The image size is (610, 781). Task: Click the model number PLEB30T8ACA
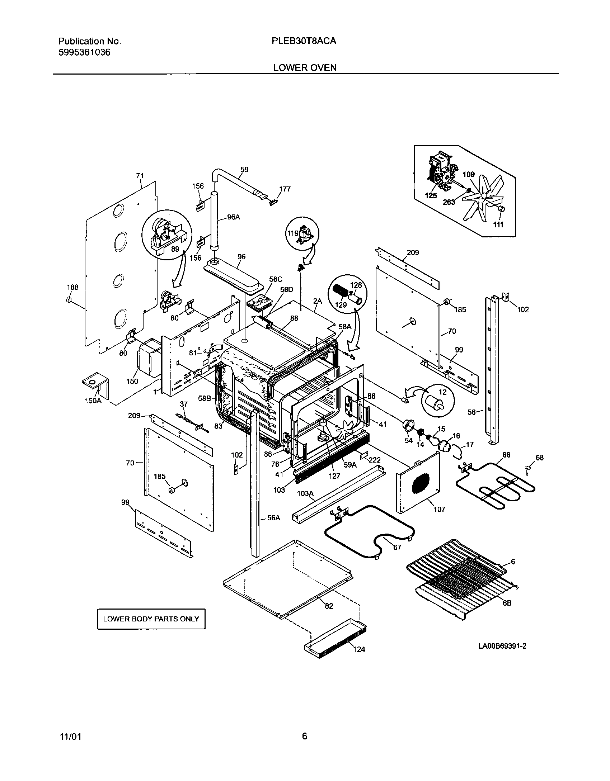(304, 41)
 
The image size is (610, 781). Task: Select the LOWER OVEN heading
(305, 68)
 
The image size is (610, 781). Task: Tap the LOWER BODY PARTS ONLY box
(151, 619)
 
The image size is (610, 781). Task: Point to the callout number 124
(359, 649)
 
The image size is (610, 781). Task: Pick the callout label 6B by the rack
(507, 603)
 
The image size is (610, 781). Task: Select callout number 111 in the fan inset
(498, 225)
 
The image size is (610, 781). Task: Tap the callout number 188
(72, 287)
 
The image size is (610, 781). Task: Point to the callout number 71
(140, 176)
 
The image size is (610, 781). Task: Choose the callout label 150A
(93, 401)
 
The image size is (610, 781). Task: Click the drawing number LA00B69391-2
(502, 646)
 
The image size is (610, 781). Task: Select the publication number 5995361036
(84, 53)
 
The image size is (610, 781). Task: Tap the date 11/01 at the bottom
(70, 737)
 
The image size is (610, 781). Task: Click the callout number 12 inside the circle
(443, 392)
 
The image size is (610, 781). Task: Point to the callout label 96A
(233, 217)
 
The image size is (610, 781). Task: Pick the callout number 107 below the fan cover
(439, 509)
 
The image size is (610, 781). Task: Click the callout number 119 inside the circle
(293, 233)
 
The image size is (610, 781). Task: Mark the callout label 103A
(305, 494)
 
